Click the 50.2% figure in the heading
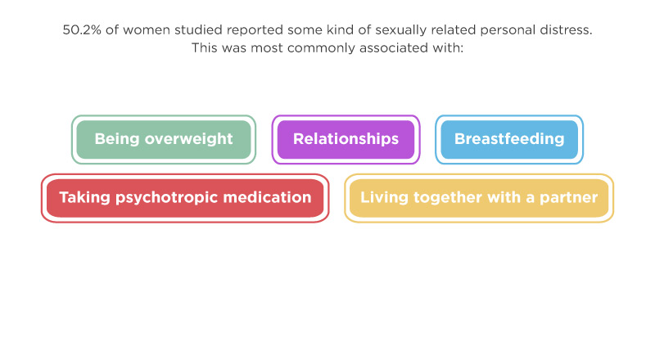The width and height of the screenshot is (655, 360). tap(82, 30)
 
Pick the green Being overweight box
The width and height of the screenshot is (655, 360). tap(164, 139)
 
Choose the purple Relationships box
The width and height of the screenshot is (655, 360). tap(346, 139)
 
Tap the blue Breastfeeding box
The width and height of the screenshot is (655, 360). tap(509, 139)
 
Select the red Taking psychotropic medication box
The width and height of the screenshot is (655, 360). tap(185, 198)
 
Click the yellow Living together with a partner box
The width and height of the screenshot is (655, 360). tap(479, 198)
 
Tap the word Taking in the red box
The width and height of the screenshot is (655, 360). tap(85, 198)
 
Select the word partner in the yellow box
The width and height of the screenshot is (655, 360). tap(568, 198)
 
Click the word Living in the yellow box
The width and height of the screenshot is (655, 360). tap(384, 198)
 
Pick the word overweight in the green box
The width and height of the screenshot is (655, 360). tap(189, 139)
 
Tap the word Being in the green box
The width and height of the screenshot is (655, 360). tap(117, 139)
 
